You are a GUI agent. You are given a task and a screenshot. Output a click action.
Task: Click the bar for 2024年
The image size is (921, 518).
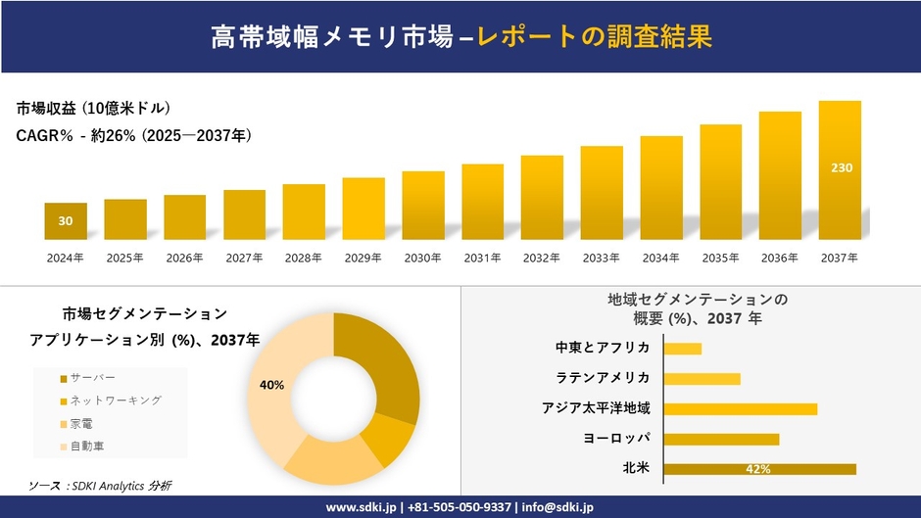(x=66, y=221)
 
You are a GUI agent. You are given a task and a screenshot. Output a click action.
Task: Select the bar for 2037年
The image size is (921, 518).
(x=840, y=170)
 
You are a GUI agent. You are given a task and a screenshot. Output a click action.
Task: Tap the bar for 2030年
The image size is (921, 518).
(x=423, y=206)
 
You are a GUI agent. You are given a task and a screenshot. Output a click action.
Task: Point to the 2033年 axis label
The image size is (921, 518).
(x=602, y=258)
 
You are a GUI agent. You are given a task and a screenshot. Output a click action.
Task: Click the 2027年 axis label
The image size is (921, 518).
(x=244, y=258)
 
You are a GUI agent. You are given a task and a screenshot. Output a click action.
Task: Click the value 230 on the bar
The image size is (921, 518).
(x=841, y=168)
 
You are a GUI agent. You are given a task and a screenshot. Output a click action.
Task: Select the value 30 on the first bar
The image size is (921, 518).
(x=66, y=221)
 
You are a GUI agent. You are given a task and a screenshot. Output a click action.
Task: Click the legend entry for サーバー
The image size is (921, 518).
(x=92, y=378)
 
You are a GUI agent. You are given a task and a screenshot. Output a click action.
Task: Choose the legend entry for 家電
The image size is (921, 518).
(x=82, y=423)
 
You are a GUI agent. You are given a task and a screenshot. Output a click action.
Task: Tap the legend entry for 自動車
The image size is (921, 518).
(x=86, y=446)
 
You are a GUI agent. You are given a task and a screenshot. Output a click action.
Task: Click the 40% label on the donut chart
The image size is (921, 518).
(x=271, y=385)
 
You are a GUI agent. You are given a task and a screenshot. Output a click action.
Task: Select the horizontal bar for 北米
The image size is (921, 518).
(x=759, y=469)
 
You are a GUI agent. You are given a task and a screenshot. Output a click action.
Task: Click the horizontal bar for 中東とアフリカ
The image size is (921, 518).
(x=682, y=349)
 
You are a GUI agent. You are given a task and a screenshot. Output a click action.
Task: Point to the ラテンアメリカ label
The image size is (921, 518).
(x=602, y=379)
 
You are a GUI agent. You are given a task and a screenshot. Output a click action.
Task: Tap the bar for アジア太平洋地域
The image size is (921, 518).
(x=740, y=409)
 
